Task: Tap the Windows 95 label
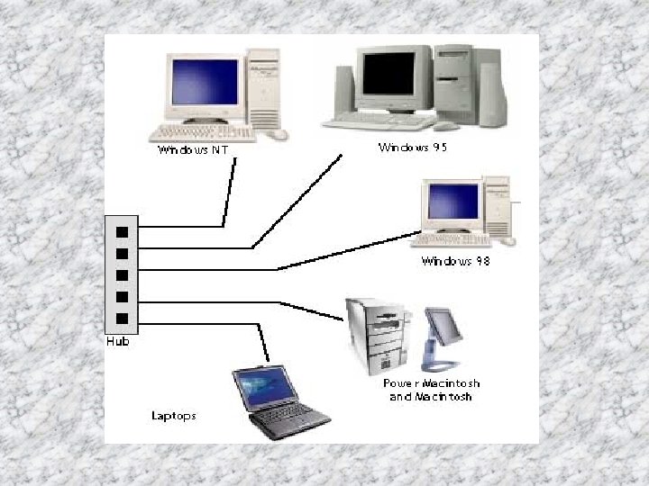coord(413,147)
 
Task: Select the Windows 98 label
coord(455,262)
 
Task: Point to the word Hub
coord(117,342)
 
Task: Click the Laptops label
coord(174,416)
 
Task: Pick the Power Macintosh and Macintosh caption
coord(430,391)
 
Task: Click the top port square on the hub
coord(121,230)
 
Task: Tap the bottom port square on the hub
coord(121,318)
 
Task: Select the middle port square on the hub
coord(121,274)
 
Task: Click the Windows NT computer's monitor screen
coord(206,83)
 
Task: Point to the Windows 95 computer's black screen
coord(388,76)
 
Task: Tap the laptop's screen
coord(266,387)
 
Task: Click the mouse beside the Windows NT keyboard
coord(280,134)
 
